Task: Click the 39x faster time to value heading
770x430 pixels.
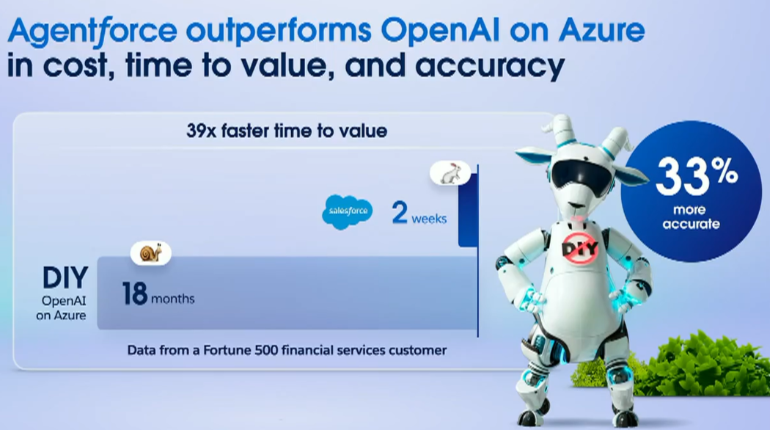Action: coord(287,131)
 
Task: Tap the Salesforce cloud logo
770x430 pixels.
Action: coord(348,211)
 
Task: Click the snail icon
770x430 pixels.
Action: coord(151,253)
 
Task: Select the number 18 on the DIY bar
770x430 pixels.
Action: coord(134,294)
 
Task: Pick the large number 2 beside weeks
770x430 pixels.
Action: coord(400,212)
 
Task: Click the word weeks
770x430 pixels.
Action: coord(429,219)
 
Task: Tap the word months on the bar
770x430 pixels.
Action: coord(173,299)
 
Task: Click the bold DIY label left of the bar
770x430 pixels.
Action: coord(65,277)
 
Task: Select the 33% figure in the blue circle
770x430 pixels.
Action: coord(697,176)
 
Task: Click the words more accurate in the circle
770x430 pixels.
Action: coord(691,216)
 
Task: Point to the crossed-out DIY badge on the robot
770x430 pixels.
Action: coord(580,249)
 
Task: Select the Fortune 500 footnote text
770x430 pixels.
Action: coord(287,351)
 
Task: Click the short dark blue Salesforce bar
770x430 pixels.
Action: coord(468,206)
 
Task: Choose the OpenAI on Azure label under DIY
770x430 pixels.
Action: coord(62,308)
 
